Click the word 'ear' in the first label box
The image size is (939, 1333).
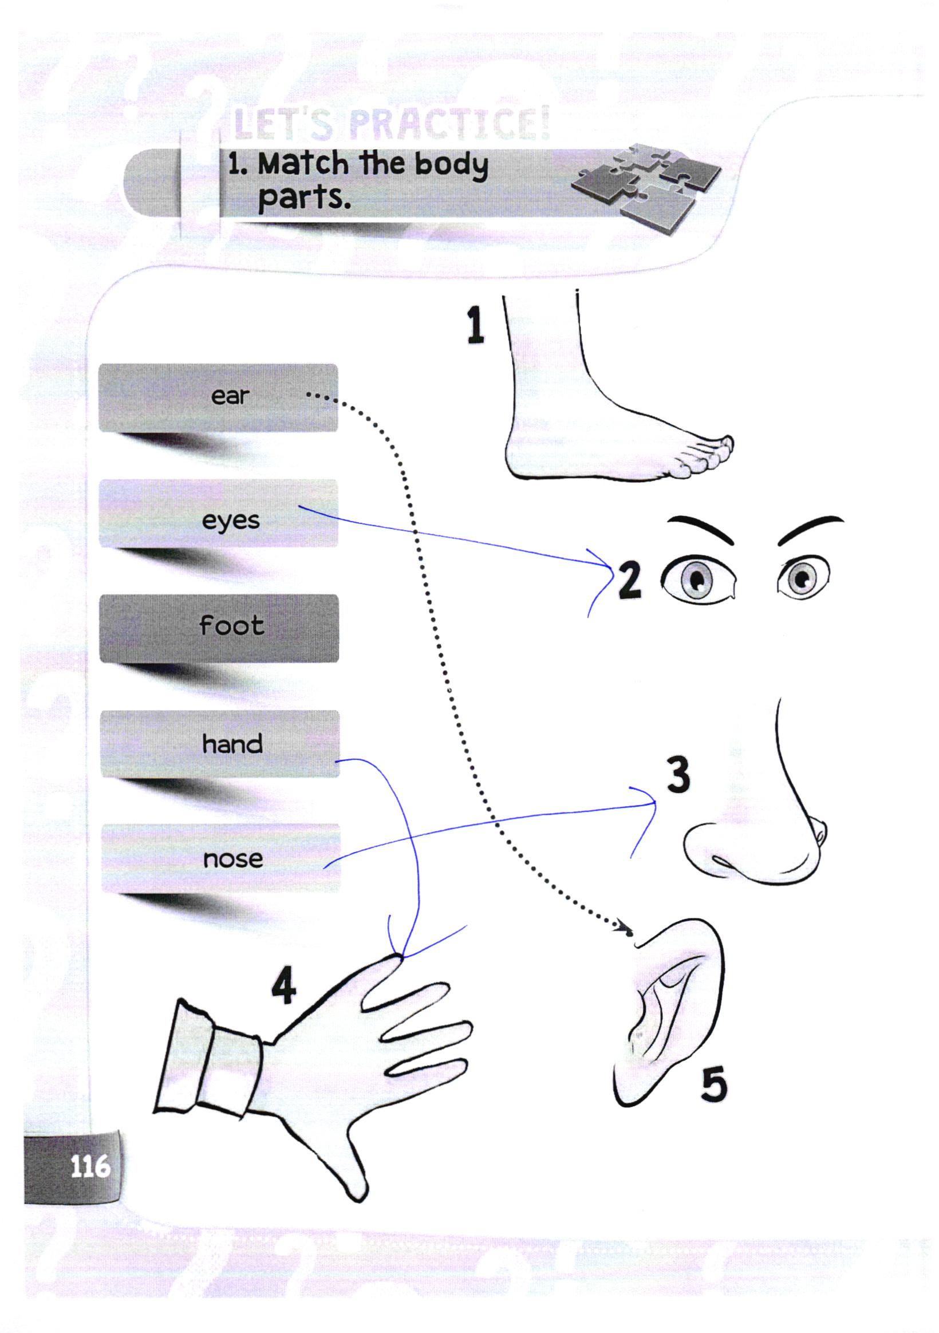230,397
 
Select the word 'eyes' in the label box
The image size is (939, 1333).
231,520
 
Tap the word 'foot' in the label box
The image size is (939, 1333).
231,625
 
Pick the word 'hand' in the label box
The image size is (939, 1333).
232,744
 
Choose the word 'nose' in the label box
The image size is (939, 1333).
233,859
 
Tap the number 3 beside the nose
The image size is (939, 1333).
678,775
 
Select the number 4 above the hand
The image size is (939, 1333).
284,986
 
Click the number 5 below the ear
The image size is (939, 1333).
713,1084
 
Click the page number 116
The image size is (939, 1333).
90,1166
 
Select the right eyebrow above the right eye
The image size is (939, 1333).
811,528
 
